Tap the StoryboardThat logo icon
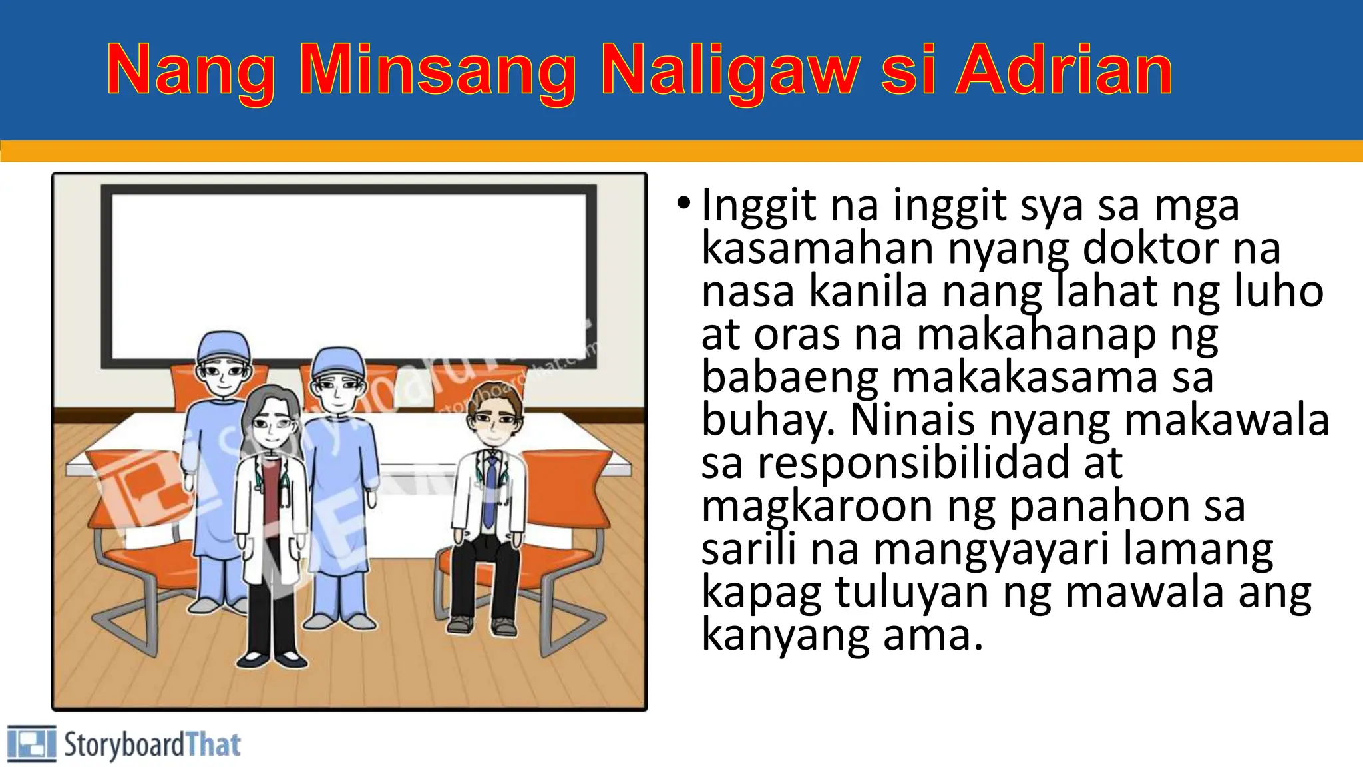click(31, 744)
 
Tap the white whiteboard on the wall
click(346, 266)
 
